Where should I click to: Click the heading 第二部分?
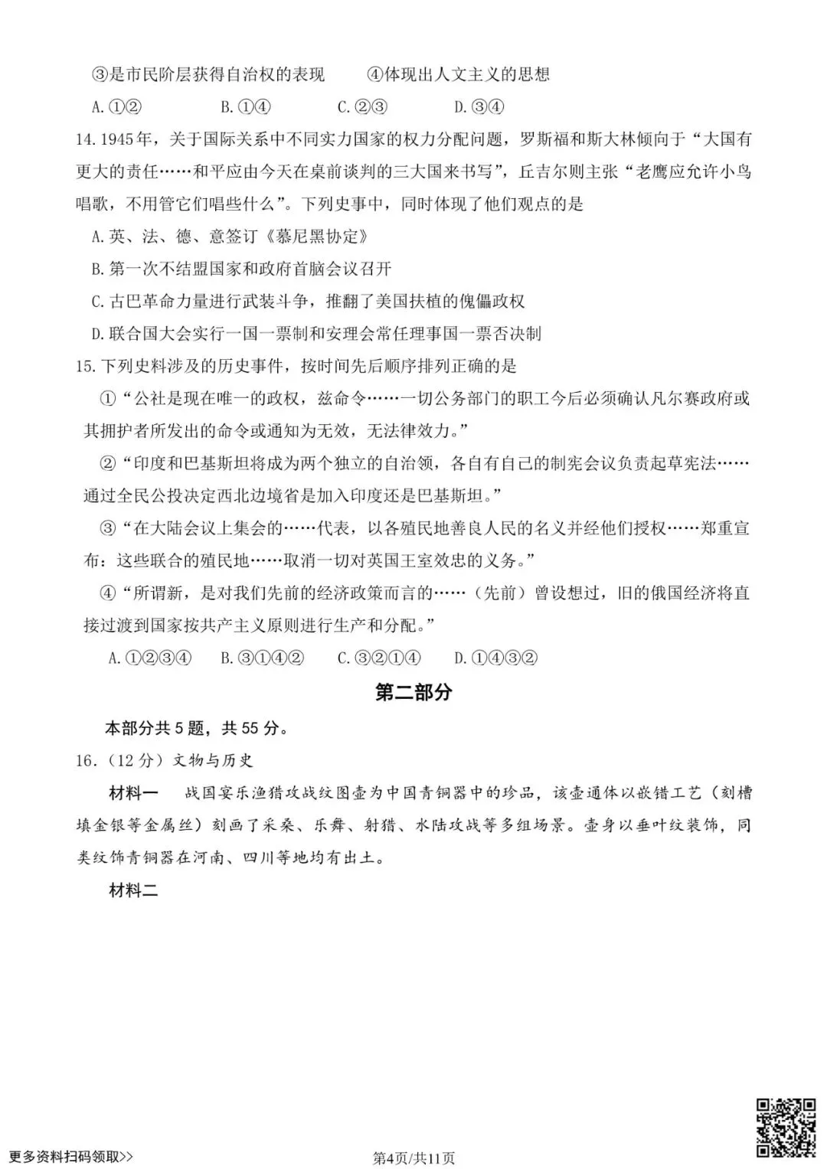click(x=413, y=692)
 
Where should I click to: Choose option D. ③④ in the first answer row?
click(x=479, y=107)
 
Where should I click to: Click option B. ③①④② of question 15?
click(x=263, y=658)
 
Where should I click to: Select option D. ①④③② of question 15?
click(x=495, y=658)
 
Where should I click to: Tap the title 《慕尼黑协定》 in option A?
click(x=320, y=237)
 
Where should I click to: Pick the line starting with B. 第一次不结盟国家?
click(x=241, y=269)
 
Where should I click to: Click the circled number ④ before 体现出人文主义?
click(x=374, y=74)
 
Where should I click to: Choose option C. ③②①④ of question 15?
click(x=379, y=658)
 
